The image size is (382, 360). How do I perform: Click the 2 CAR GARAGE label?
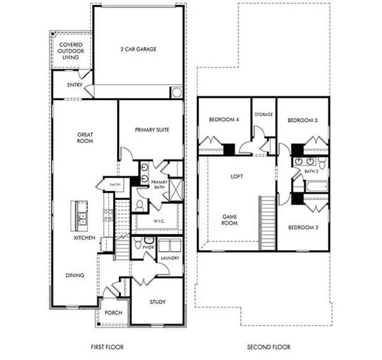139,49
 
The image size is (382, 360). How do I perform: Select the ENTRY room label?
66,85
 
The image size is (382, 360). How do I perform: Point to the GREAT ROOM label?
86,138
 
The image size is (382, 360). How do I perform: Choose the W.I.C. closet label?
159,221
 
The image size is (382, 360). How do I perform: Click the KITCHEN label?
85,237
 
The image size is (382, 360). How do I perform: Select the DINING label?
75,275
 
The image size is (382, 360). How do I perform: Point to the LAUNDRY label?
169,258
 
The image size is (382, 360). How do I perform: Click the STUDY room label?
157,301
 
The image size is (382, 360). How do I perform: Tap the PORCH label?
114,312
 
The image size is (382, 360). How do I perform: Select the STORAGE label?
264,115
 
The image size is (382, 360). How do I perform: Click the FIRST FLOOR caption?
106,347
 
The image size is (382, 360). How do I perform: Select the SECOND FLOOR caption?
269,347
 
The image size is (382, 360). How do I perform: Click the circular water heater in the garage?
176,92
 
